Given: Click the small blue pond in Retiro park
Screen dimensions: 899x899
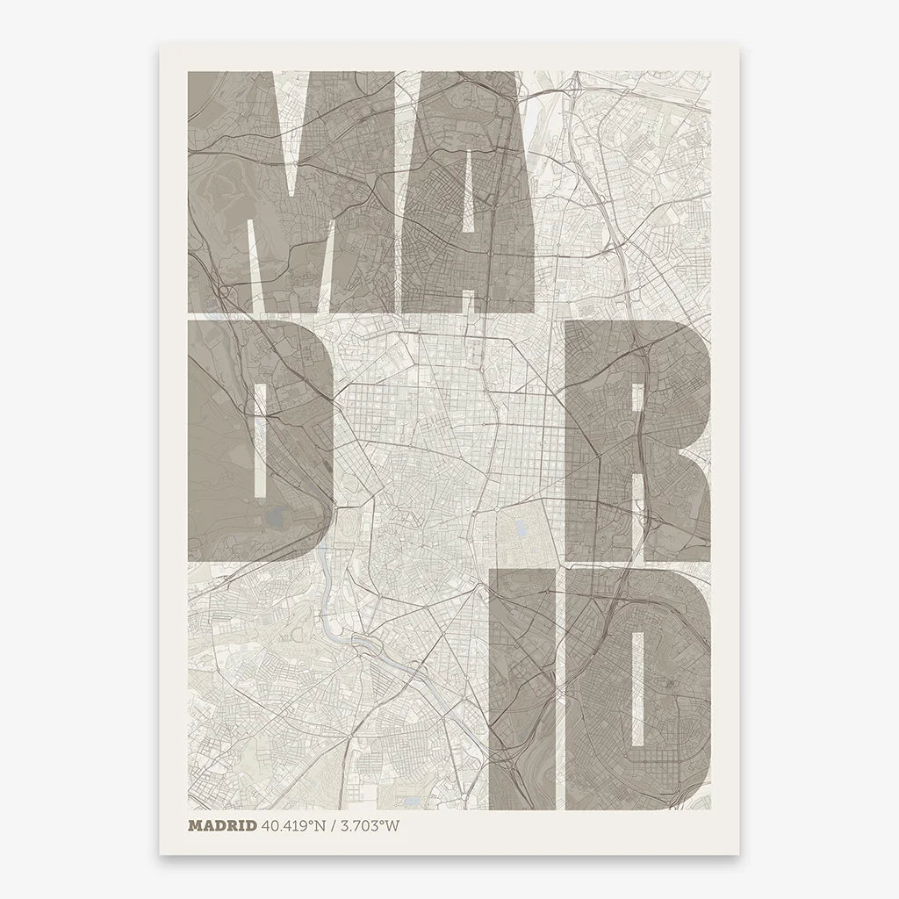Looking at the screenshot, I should click(x=520, y=529).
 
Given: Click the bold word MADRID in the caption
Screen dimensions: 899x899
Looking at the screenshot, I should click(x=222, y=825).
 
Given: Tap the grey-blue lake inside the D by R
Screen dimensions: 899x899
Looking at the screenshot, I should click(x=278, y=518).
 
